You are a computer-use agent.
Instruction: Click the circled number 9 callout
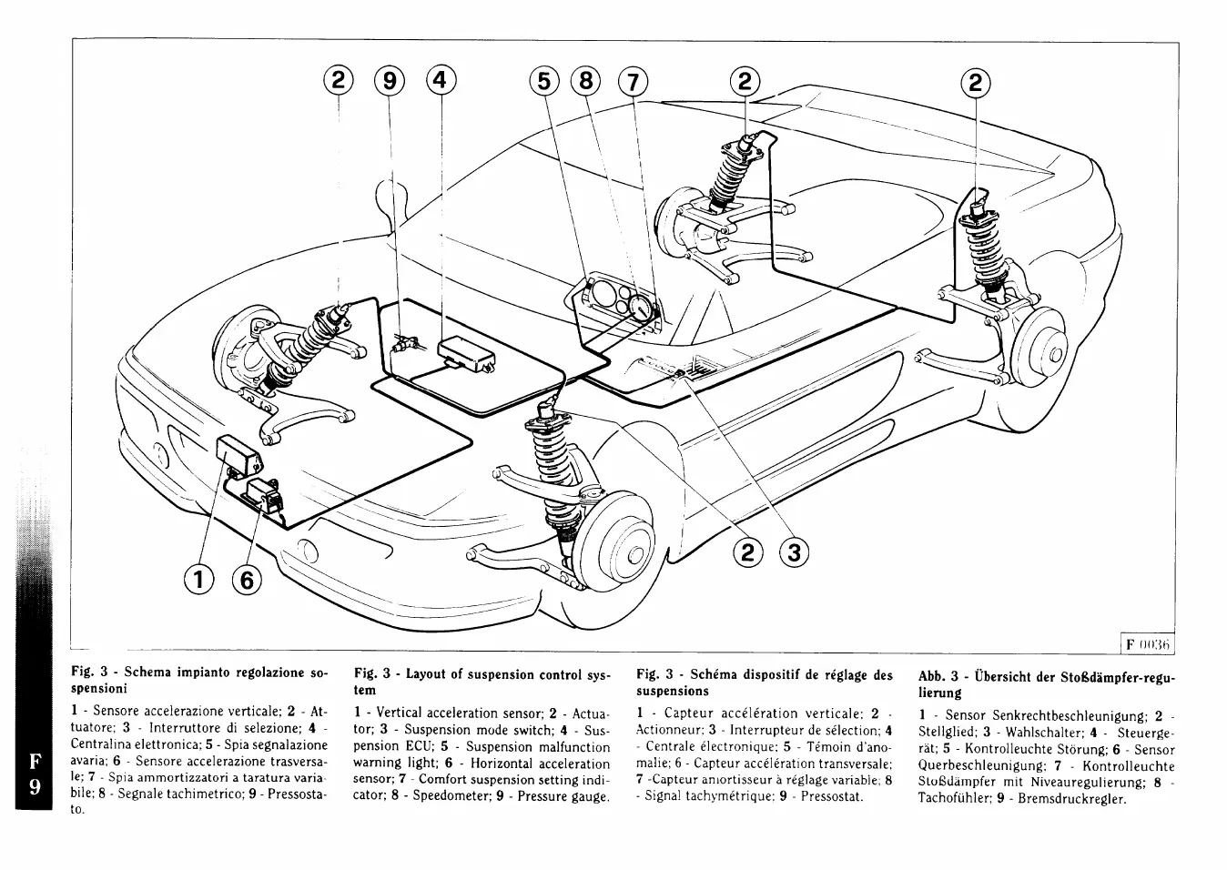point(390,81)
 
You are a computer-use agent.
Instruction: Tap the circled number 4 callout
point(441,81)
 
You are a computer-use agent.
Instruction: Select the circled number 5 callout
point(543,82)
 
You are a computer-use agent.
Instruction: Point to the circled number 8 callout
point(585,82)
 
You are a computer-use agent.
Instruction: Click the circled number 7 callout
point(632,82)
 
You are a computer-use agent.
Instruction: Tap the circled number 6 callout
point(246,577)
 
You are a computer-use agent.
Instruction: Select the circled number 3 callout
point(795,551)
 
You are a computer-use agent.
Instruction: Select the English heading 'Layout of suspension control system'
point(482,682)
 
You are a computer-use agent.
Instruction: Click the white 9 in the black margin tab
point(34,787)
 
